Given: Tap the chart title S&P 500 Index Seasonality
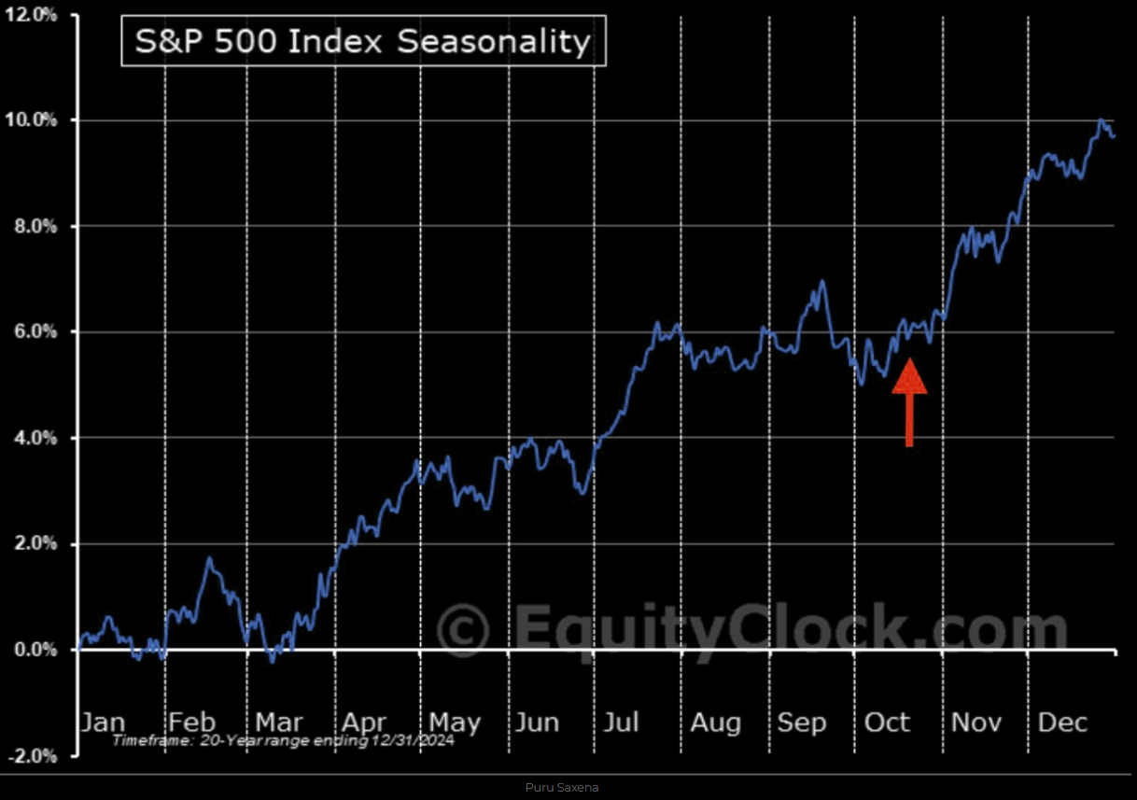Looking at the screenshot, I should (x=363, y=42).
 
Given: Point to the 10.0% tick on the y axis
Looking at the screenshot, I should (x=33, y=120).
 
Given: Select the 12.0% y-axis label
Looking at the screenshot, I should (x=33, y=15).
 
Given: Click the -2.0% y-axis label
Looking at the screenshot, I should (x=33, y=755).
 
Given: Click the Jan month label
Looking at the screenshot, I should (x=103, y=723).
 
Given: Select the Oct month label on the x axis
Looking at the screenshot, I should (x=887, y=723).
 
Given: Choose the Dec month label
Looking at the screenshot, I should (x=1062, y=723).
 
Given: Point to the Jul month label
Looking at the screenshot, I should (x=621, y=723).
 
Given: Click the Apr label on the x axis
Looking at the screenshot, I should (x=364, y=723).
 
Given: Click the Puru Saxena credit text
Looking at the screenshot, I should (x=562, y=788).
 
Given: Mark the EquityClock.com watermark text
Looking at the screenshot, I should (x=789, y=627).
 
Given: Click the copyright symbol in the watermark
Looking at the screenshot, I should (x=463, y=627).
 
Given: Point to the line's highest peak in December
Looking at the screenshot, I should (x=1102, y=120).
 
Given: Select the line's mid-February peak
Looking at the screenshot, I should (x=210, y=559).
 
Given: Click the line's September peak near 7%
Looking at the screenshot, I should (x=821, y=281).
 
